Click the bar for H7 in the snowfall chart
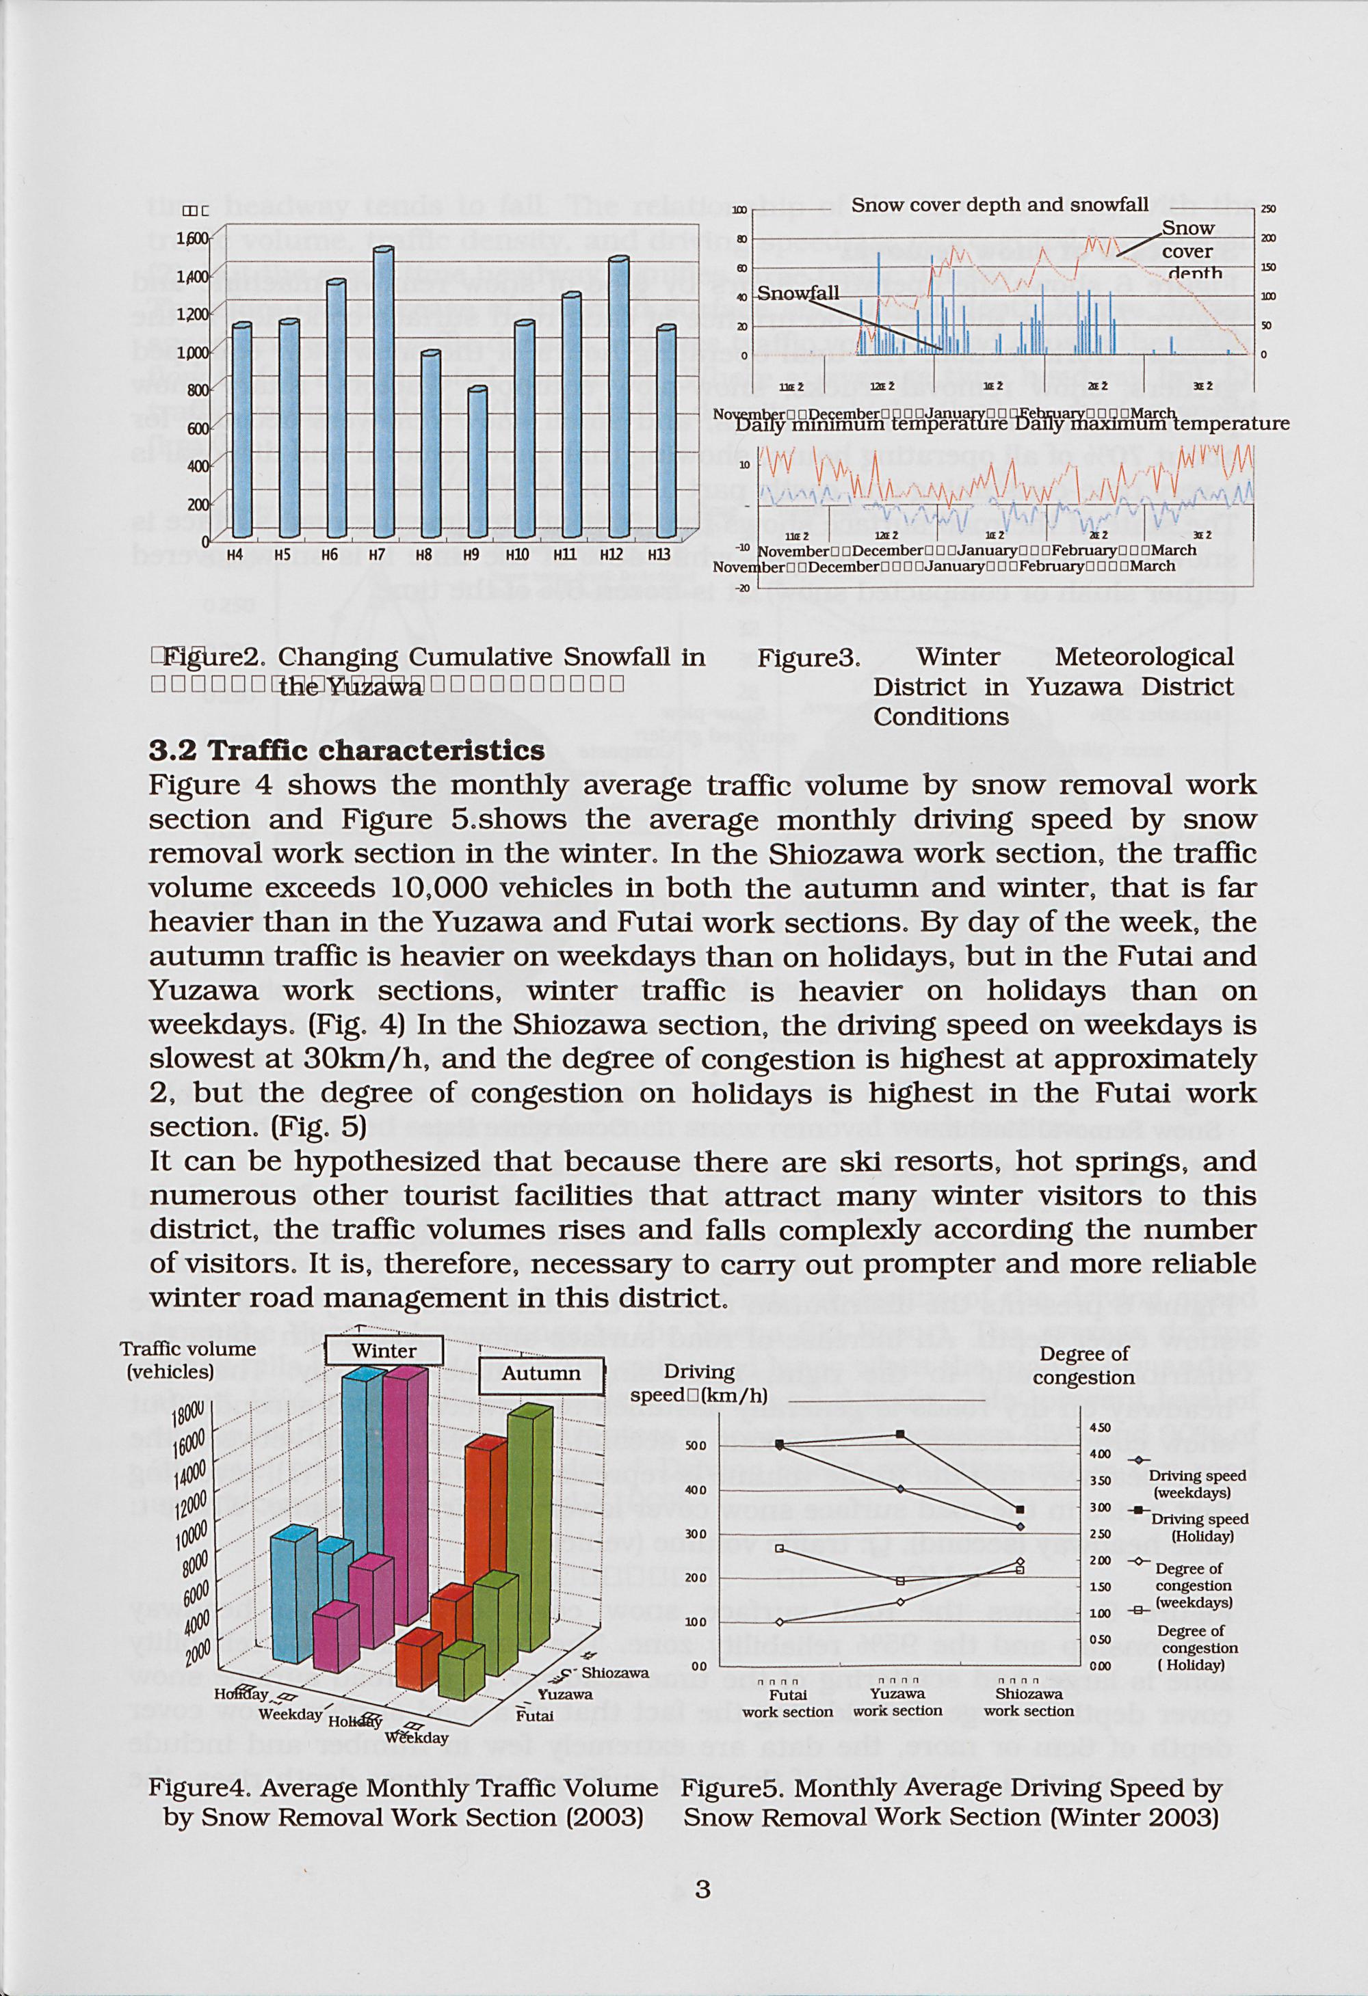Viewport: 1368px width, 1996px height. pyautogui.click(x=383, y=391)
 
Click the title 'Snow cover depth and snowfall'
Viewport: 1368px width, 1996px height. pyautogui.click(x=999, y=204)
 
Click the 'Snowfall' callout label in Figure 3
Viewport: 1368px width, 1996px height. pyautogui.click(x=798, y=293)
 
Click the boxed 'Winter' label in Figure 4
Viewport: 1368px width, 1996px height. pyautogui.click(x=384, y=1351)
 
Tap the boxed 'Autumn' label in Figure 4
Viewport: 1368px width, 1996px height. pyautogui.click(x=541, y=1373)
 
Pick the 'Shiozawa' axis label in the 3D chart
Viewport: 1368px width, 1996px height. pyautogui.click(x=615, y=1673)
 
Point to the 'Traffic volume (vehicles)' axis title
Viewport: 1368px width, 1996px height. pyautogui.click(x=188, y=1360)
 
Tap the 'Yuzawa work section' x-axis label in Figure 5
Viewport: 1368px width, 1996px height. pyautogui.click(x=898, y=1702)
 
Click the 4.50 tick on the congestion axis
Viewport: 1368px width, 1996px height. pyautogui.click(x=1101, y=1427)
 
